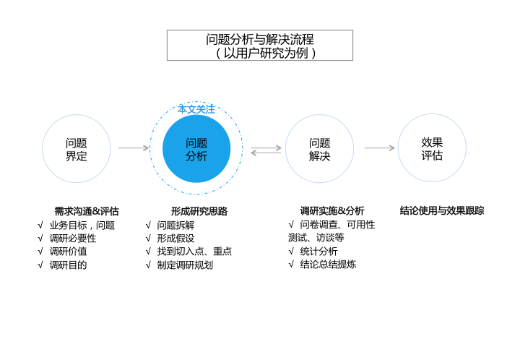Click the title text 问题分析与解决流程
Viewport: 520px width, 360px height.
[x=260, y=39]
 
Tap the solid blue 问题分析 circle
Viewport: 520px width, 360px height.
[x=196, y=149]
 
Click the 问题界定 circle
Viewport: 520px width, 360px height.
[x=77, y=149]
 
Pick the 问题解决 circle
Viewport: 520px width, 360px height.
[x=319, y=149]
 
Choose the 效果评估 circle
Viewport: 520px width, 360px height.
[x=432, y=148]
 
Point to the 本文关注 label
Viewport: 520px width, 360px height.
[x=196, y=109]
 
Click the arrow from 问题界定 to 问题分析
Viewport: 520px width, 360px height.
[x=134, y=148]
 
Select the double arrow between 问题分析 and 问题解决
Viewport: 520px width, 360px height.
[x=266, y=150]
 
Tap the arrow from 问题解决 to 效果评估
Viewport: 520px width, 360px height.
[x=379, y=148]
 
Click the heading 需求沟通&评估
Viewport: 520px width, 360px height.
[x=87, y=211]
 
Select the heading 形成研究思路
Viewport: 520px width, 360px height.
[x=199, y=211]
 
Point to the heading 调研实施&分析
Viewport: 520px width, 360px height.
[x=332, y=211]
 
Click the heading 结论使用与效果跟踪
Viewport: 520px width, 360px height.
[x=442, y=211]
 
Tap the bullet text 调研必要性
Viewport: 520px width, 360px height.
[x=73, y=238]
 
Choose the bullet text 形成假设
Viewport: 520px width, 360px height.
[x=175, y=238]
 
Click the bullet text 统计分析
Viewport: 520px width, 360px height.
[x=318, y=251]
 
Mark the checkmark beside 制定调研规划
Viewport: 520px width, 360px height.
[x=148, y=265]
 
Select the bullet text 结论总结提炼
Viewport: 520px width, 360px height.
[x=328, y=265]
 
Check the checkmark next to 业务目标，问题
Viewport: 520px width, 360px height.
[x=40, y=225]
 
